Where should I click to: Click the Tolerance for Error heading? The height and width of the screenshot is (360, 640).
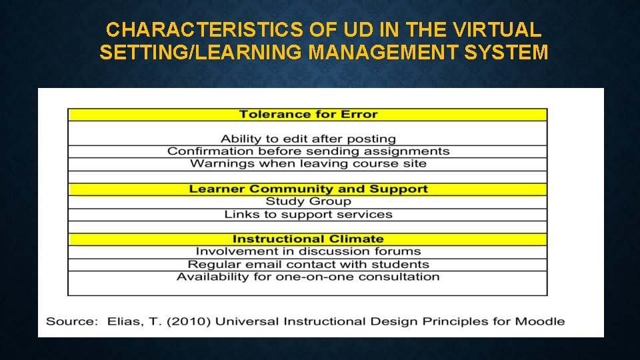point(308,115)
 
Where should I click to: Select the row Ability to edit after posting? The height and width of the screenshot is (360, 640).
point(308,139)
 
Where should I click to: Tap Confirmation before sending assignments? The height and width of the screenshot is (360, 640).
point(308,151)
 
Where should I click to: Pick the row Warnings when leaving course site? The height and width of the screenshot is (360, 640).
point(308,164)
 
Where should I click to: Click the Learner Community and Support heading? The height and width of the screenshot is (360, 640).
point(308,189)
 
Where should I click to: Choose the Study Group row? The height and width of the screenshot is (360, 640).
point(308,201)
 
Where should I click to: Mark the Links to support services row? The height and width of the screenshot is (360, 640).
point(308,215)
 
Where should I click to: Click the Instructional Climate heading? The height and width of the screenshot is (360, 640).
point(308,239)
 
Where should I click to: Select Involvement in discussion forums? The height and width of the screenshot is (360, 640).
point(308,252)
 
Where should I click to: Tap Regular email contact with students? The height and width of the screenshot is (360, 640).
point(308,265)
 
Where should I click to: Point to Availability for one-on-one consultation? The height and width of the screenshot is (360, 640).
point(308,277)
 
